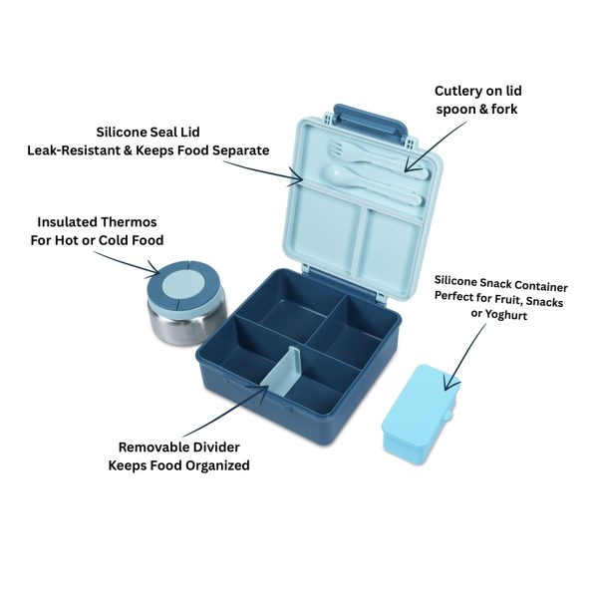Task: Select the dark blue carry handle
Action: click(x=371, y=122)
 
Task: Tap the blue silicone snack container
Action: click(x=420, y=414)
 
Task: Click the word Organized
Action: click(x=214, y=465)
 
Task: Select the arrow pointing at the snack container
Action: click(x=465, y=357)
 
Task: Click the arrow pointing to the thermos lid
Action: click(x=127, y=262)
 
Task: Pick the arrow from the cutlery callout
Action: click(x=436, y=147)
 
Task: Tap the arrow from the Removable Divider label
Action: click(x=226, y=411)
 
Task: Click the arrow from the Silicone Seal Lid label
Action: click(x=263, y=170)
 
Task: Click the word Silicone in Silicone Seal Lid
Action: click(x=116, y=132)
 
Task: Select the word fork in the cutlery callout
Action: click(x=504, y=109)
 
